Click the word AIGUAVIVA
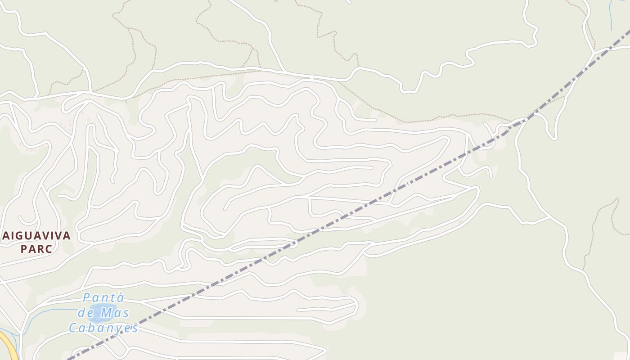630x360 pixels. tap(36, 235)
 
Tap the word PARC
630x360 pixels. tap(36, 249)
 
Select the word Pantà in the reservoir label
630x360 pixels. tap(103, 298)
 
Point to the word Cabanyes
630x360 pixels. tap(103, 328)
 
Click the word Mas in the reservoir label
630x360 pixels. tap(115, 312)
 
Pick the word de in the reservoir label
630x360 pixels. tap(85, 312)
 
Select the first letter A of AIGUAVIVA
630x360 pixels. tap(6, 235)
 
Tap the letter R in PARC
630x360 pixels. tap(42, 249)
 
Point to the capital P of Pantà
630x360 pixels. tap(87, 298)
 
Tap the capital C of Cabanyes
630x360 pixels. tap(73, 328)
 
